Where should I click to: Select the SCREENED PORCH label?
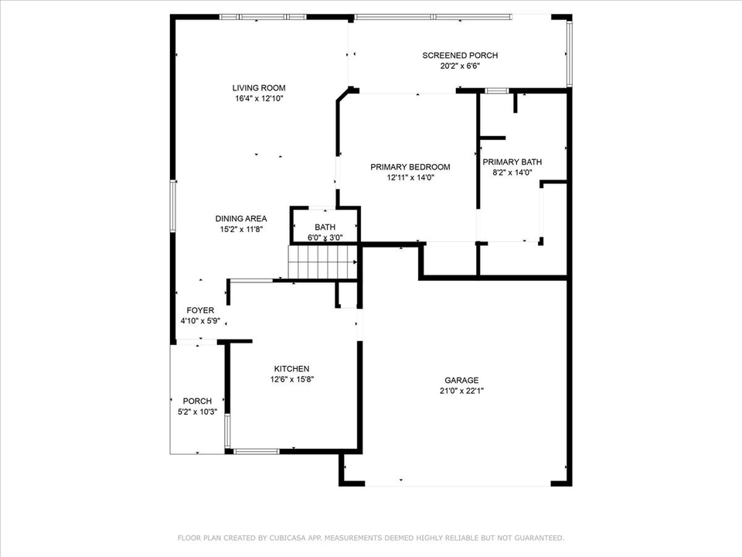(460, 55)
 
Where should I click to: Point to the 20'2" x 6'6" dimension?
(460, 66)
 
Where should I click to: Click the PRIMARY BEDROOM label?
(410, 166)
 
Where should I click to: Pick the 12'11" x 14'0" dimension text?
(410, 177)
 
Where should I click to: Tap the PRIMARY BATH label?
(512, 162)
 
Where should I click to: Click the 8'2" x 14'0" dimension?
(512, 173)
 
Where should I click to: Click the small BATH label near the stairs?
(325, 227)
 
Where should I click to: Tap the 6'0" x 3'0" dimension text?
(325, 237)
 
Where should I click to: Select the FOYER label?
(200, 310)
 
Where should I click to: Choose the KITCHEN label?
(291, 369)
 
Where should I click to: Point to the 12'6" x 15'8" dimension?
(291, 380)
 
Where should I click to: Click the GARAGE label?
(461, 380)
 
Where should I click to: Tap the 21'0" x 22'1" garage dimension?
(461, 391)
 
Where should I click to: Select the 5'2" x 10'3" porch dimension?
(197, 412)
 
